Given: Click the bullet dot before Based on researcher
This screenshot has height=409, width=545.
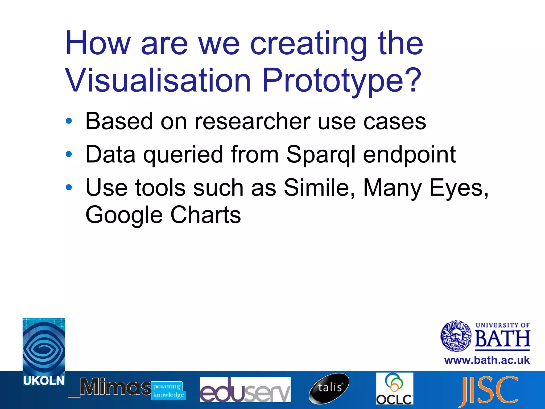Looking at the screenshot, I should pos(69,121).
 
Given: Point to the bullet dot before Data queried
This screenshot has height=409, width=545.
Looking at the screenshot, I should pos(69,154).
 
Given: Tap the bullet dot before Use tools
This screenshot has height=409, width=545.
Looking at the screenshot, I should pos(69,187).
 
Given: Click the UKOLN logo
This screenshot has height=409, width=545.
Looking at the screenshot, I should pos(44,351).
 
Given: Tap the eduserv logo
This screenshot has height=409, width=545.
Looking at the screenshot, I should pos(245,389).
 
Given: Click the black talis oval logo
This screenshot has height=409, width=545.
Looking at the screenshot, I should pos(329,388).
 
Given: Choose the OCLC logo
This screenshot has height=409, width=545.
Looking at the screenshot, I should pos(395,388).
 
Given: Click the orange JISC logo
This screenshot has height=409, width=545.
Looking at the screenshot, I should pos(490,390).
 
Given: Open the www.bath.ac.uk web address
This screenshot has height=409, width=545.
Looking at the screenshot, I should pos(487,360).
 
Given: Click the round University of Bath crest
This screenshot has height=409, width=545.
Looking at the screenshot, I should pos(456,336).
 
